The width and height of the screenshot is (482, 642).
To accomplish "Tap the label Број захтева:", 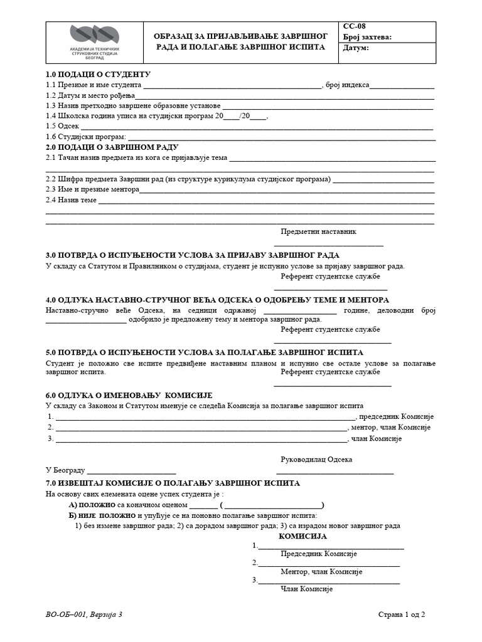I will [367, 37].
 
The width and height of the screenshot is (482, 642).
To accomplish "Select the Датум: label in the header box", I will [356, 48].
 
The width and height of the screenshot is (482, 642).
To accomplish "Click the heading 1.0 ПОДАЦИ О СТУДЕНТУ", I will [95, 75].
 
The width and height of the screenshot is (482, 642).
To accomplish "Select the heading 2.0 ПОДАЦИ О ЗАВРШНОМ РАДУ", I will [112, 147].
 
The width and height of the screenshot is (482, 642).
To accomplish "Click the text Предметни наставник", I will [318, 231].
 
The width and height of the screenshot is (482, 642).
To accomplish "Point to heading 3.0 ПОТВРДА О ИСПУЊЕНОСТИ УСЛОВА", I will [193, 255].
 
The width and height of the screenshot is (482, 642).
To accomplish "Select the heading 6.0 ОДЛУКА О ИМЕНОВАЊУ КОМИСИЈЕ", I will [129, 395].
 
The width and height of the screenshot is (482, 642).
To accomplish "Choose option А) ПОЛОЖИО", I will [91, 505].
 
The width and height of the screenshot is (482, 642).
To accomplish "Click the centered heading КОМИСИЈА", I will [303, 537].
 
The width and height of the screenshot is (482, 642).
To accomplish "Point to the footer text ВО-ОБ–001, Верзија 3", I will [83, 615].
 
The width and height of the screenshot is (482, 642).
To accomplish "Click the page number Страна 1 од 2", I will [402, 615].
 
